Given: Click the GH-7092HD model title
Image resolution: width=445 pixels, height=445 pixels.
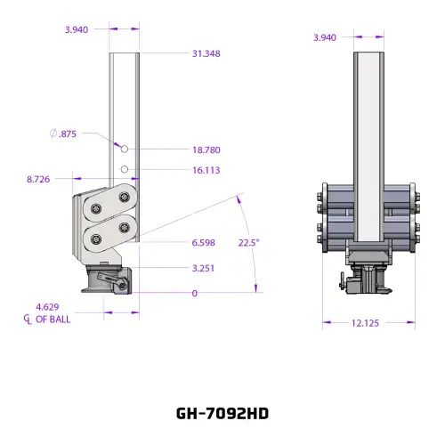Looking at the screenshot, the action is coord(222,413).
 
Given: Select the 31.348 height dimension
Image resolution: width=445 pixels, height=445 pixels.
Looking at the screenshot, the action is coord(206,53).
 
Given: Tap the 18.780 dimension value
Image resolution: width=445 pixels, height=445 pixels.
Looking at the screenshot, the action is coord(206,150).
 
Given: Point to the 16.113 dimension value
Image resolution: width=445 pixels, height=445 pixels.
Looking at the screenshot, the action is coord(206,170).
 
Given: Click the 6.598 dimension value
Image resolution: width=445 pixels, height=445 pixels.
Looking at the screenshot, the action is coord(203,243).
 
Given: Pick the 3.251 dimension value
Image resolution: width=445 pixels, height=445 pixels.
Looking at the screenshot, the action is coord(203,268).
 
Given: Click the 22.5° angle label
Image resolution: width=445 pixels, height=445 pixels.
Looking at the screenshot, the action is coord(249,243).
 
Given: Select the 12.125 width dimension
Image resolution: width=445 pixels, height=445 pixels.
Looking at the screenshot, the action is coord(365,323).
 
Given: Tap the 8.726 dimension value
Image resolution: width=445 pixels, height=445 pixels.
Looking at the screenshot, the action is coord(38,179).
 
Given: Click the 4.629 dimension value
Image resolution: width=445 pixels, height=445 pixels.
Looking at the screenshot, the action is coord(47,307).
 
